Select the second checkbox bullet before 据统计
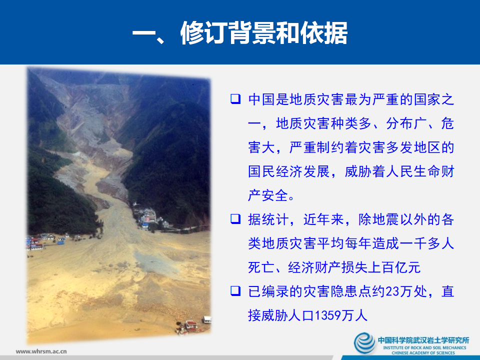point(235,218)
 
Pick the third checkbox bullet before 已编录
point(235,290)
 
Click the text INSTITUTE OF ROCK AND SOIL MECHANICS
point(423,347)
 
